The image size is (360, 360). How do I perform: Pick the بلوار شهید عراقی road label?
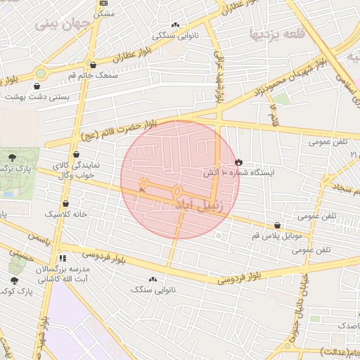click(x=219, y=77)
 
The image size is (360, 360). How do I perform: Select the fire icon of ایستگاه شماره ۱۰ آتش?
click(x=238, y=162)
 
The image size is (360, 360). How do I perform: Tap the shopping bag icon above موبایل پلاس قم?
click(x=278, y=226)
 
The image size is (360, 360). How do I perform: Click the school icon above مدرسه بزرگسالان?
click(x=63, y=258)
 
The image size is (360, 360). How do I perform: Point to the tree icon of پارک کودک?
click(x=14, y=281)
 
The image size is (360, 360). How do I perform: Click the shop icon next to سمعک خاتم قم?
click(x=93, y=65)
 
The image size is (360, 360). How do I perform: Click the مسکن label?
click(x=104, y=13)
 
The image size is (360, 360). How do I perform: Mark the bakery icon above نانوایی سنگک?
click(x=153, y=279)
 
